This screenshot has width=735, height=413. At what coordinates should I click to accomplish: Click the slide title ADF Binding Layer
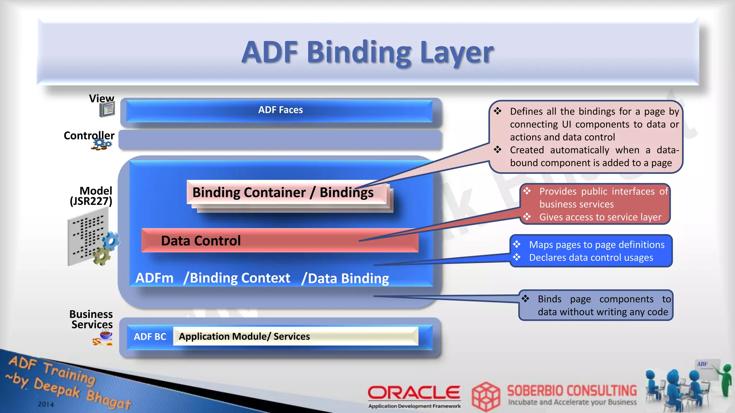point(367,52)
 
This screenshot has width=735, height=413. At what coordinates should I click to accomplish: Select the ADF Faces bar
point(280,110)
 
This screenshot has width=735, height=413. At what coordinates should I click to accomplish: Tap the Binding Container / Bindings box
point(283,193)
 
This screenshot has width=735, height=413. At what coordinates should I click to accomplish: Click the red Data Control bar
point(280,241)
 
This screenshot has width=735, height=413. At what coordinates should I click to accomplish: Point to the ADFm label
point(154,278)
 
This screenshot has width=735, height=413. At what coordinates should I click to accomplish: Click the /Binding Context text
point(237,278)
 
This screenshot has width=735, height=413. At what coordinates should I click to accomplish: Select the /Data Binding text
point(345,279)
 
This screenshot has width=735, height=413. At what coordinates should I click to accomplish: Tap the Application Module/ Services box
point(295,336)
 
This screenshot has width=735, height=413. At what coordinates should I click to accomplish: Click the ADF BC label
point(150,337)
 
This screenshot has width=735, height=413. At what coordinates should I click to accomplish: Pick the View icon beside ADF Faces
point(107,109)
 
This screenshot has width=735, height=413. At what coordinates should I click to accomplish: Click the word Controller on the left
point(89,136)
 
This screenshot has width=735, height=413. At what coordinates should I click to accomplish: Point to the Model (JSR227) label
point(92,196)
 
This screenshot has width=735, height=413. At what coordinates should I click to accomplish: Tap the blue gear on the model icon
point(111,241)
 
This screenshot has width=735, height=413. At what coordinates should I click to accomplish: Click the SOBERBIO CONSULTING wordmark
point(572,390)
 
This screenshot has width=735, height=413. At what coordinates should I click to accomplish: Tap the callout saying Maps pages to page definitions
point(591,251)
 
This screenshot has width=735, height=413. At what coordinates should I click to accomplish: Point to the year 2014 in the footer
point(46,404)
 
